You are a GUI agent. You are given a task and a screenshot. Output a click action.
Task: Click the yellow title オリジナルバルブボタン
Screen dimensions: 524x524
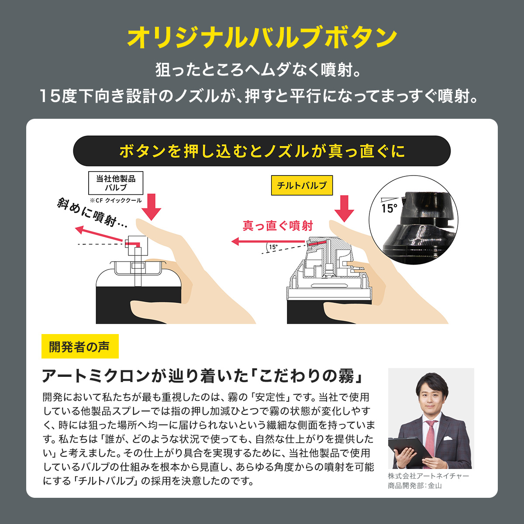pos(262,37)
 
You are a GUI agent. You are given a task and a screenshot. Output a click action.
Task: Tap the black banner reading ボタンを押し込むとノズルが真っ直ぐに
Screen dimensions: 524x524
pos(262,151)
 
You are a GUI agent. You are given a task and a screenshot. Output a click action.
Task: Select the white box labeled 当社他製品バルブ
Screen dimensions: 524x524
pos(116,183)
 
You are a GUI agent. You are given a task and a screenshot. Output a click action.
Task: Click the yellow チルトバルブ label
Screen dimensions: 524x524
pos(302,185)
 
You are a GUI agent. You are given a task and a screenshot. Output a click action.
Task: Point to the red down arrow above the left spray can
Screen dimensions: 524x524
pos(151,207)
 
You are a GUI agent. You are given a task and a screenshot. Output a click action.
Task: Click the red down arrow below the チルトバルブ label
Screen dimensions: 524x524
pos(344,209)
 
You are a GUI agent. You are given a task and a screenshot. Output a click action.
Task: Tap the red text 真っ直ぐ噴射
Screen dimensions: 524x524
pos(278,226)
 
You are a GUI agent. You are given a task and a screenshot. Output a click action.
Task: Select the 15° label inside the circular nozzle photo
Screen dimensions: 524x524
pos(389,209)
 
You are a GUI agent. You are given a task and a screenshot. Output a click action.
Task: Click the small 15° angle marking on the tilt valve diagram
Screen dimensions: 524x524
pos(273,247)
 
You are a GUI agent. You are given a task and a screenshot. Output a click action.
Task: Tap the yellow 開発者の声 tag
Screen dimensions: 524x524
pos(80,346)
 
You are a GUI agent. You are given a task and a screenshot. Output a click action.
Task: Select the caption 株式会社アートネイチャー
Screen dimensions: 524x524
pos(428,476)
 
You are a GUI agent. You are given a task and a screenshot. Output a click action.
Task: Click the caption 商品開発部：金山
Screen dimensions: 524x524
pos(415,486)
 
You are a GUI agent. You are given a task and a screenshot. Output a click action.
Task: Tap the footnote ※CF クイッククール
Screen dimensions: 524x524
pos(116,200)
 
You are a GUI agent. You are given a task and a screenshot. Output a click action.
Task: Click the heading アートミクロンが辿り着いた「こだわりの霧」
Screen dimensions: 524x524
pos(203,376)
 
